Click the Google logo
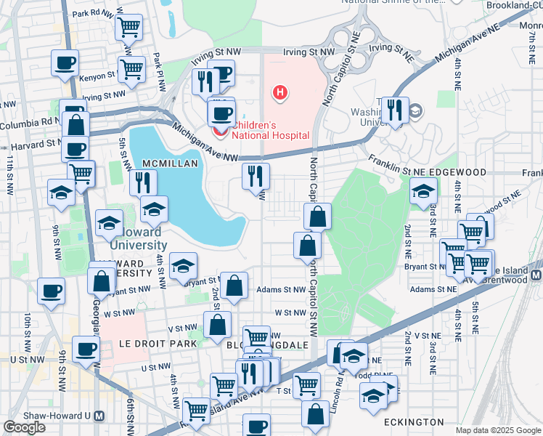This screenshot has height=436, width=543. tap(24, 427)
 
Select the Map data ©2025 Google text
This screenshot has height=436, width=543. tap(497, 430)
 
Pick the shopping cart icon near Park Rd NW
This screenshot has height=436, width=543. tap(128, 28)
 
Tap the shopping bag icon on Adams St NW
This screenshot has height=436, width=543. tap(234, 286)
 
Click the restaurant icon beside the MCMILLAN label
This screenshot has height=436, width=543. tap(143, 182)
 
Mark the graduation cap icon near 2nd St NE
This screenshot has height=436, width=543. tap(423, 193)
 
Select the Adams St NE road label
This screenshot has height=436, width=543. tap(433, 289)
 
